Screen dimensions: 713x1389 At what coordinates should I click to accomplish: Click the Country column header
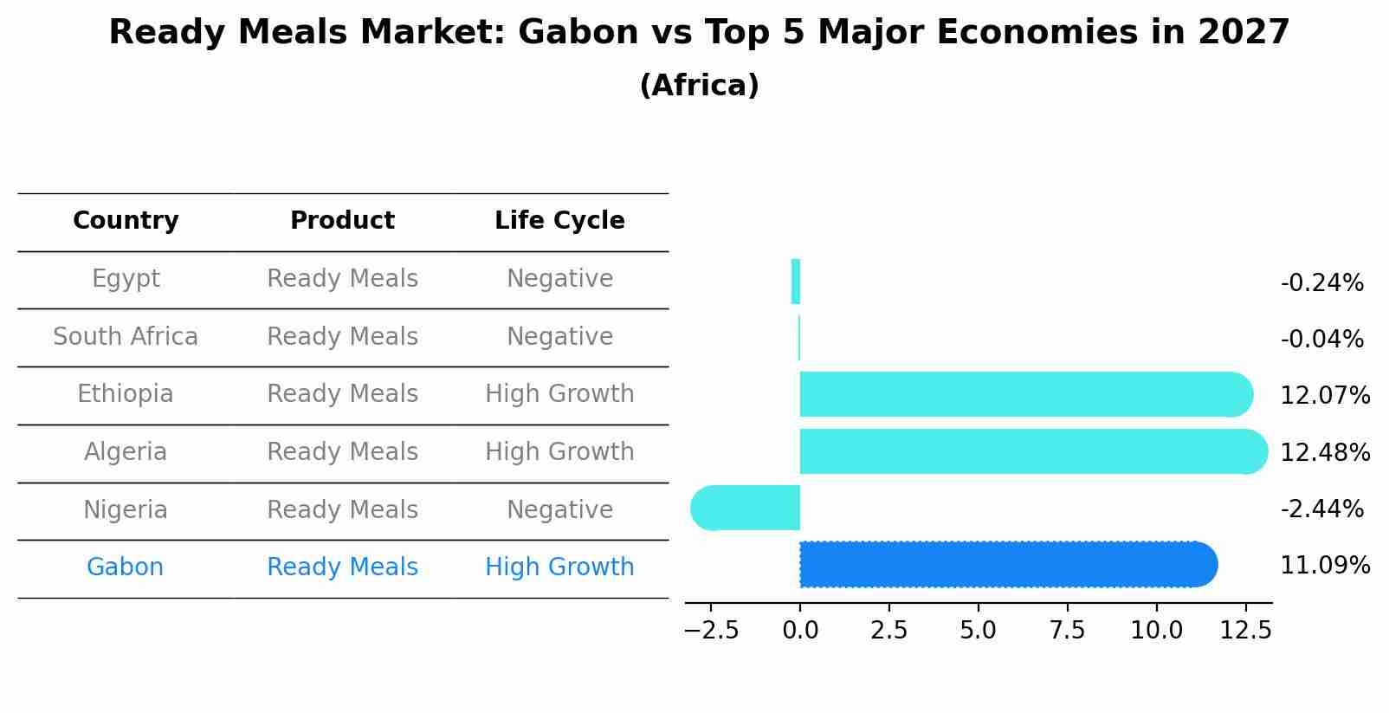click(x=126, y=221)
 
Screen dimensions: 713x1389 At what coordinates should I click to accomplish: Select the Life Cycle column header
click(x=559, y=221)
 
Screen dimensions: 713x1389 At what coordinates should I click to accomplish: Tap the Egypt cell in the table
click(x=126, y=279)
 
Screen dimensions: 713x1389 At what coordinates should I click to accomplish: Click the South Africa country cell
click(x=126, y=337)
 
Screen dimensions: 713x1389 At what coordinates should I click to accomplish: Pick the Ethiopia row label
click(x=126, y=394)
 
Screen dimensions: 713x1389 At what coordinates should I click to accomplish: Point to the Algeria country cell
click(x=126, y=452)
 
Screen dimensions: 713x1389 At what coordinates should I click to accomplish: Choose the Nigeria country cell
click(x=126, y=510)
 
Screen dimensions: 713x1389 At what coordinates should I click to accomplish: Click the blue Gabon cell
click(x=126, y=567)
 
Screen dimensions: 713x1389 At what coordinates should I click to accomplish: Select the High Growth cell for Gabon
click(x=559, y=567)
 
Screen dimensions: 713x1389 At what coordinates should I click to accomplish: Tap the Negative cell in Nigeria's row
click(x=559, y=510)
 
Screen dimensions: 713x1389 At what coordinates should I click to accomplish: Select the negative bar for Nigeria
click(x=746, y=508)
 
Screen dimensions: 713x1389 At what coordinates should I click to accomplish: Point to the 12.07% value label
click(x=1325, y=396)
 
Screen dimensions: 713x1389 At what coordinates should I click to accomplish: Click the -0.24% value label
click(x=1321, y=283)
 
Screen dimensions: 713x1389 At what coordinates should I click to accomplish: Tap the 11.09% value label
click(x=1325, y=566)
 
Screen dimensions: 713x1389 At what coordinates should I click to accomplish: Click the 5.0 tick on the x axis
click(x=978, y=631)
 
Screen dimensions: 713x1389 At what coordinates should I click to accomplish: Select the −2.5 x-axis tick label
click(x=712, y=631)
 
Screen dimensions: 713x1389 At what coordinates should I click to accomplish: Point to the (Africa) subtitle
click(x=699, y=86)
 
